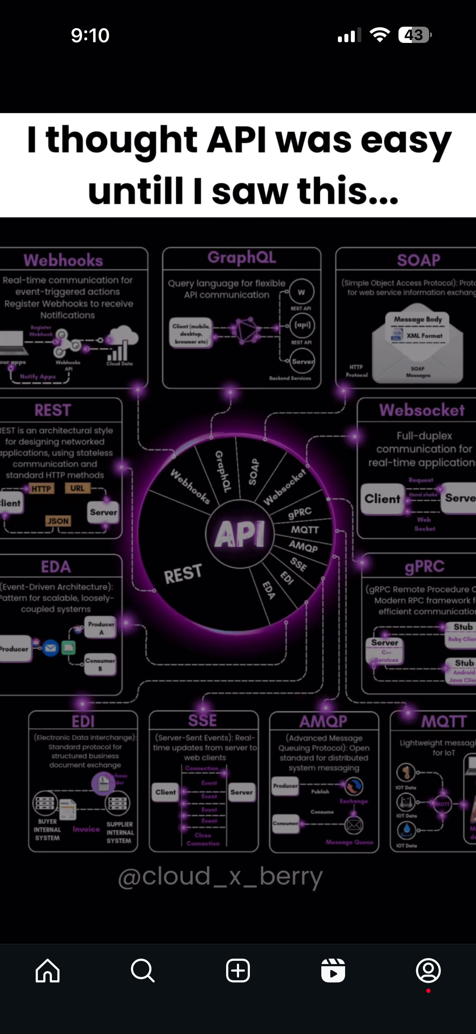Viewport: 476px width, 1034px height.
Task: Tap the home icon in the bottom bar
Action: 48,971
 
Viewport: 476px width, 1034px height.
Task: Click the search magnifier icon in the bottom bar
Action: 142,971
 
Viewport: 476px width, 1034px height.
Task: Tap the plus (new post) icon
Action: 238,971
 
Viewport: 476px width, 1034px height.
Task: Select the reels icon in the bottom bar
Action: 333,971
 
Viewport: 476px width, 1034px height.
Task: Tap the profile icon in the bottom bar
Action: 428,971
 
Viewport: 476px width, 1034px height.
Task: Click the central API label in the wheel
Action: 239,534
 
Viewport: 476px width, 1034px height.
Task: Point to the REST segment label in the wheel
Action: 183,574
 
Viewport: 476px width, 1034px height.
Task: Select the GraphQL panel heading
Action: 242,257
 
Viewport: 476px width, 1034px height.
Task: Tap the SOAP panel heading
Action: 419,260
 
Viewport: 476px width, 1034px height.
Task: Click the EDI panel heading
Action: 83,721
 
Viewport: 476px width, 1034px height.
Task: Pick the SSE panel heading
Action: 203,720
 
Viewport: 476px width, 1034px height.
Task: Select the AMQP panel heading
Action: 323,721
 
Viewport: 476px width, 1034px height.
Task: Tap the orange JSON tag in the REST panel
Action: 58,521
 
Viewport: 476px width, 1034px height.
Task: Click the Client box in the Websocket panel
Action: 382,499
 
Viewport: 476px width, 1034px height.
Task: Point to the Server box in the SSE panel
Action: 242,792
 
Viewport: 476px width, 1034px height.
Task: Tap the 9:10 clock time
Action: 90,35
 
